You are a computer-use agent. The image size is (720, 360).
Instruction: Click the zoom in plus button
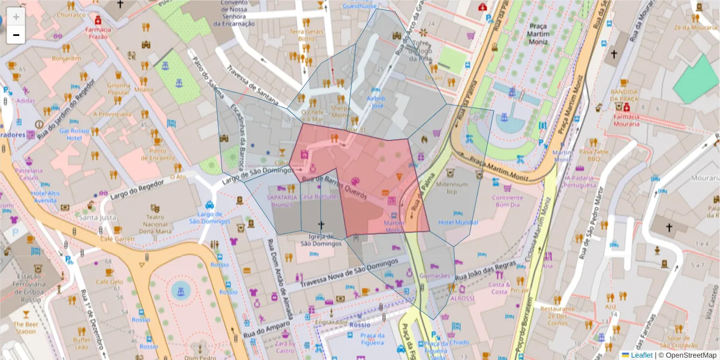tap(16, 17)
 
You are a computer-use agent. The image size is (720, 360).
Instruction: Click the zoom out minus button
tap(16, 35)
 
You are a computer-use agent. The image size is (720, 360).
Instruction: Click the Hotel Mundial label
tap(458, 222)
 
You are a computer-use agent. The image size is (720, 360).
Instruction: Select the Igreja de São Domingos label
tap(320, 240)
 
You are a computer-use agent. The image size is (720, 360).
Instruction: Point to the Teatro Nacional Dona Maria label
tap(155, 224)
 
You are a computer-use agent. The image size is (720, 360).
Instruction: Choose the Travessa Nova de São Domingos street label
tap(350, 273)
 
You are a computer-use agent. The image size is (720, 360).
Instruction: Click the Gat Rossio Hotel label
tap(74, 134)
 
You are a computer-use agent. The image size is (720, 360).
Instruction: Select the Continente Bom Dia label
tap(507, 201)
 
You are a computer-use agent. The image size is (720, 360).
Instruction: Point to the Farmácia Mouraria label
tap(626, 120)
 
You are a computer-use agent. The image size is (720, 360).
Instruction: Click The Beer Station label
tap(25, 328)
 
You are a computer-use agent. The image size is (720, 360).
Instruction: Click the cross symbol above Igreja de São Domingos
tap(320, 226)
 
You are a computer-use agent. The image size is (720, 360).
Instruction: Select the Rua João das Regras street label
tap(485, 270)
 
